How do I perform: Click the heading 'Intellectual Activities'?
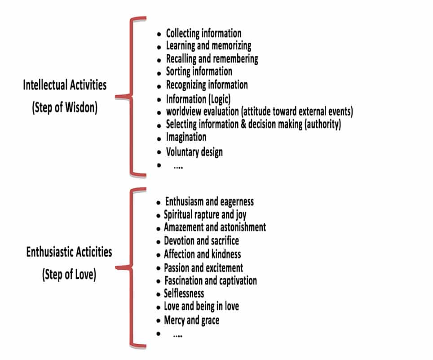pos(65,85)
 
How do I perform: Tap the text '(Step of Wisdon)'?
pos(65,107)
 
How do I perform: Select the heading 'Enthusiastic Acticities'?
pos(69,252)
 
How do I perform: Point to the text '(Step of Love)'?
pos(69,275)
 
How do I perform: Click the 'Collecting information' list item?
pos(203,33)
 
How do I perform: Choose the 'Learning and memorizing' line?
pos(208,46)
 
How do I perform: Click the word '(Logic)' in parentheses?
pos(220,99)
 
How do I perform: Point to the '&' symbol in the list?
pos(243,124)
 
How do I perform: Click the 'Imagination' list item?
pos(186,137)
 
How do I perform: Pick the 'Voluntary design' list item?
pos(194,152)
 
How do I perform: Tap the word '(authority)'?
pos(323,124)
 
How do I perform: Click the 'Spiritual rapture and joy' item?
pos(205,215)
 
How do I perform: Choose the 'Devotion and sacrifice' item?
pos(201,240)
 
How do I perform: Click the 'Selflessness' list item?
pos(184,293)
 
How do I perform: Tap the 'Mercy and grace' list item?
pos(192,320)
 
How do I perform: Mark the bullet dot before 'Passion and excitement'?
pos(158,268)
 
